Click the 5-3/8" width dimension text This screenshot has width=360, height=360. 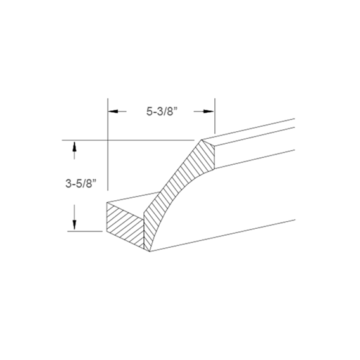tap(160, 111)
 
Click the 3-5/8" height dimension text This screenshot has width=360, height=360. tap(80, 184)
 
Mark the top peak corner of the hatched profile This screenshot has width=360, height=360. tap(202, 140)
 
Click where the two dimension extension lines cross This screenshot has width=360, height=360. tap(107, 139)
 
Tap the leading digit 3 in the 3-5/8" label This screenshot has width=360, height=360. tap(68, 184)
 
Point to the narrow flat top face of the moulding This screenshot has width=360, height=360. tap(254, 131)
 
